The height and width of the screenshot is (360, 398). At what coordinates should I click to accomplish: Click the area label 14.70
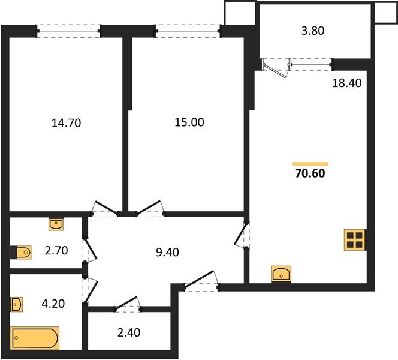coord(66,124)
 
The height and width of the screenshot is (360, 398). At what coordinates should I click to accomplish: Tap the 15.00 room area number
coord(189,122)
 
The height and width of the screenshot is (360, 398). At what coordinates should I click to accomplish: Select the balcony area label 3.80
coord(312,32)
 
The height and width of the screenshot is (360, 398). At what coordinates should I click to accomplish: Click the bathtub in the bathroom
coord(35,338)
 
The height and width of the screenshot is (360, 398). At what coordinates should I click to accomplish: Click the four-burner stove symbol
coord(354,240)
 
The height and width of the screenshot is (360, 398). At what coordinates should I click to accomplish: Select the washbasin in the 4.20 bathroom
coord(17,304)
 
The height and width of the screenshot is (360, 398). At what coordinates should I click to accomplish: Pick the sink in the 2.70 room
coord(56,224)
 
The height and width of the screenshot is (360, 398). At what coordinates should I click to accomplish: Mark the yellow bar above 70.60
coord(310,163)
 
